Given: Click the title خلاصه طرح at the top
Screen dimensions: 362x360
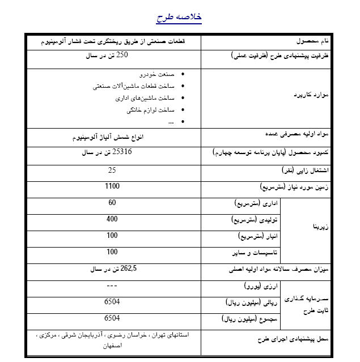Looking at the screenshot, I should pyautogui.click(x=179, y=18).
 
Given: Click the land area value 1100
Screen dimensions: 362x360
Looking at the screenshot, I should pyautogui.click(x=112, y=186).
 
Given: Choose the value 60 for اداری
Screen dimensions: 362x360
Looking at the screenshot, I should pyautogui.click(x=112, y=202).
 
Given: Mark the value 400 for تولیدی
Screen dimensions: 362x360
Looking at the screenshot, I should pyautogui.click(x=112, y=219).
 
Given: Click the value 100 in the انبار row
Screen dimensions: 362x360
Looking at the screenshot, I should pyautogui.click(x=112, y=235).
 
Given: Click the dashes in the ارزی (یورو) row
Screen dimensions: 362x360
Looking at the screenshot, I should pyautogui.click(x=112, y=286).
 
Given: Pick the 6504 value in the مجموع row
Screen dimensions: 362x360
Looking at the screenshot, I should pyautogui.click(x=112, y=318).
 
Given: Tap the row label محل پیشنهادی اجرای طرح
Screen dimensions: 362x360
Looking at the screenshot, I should pyautogui.click(x=304, y=339).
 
